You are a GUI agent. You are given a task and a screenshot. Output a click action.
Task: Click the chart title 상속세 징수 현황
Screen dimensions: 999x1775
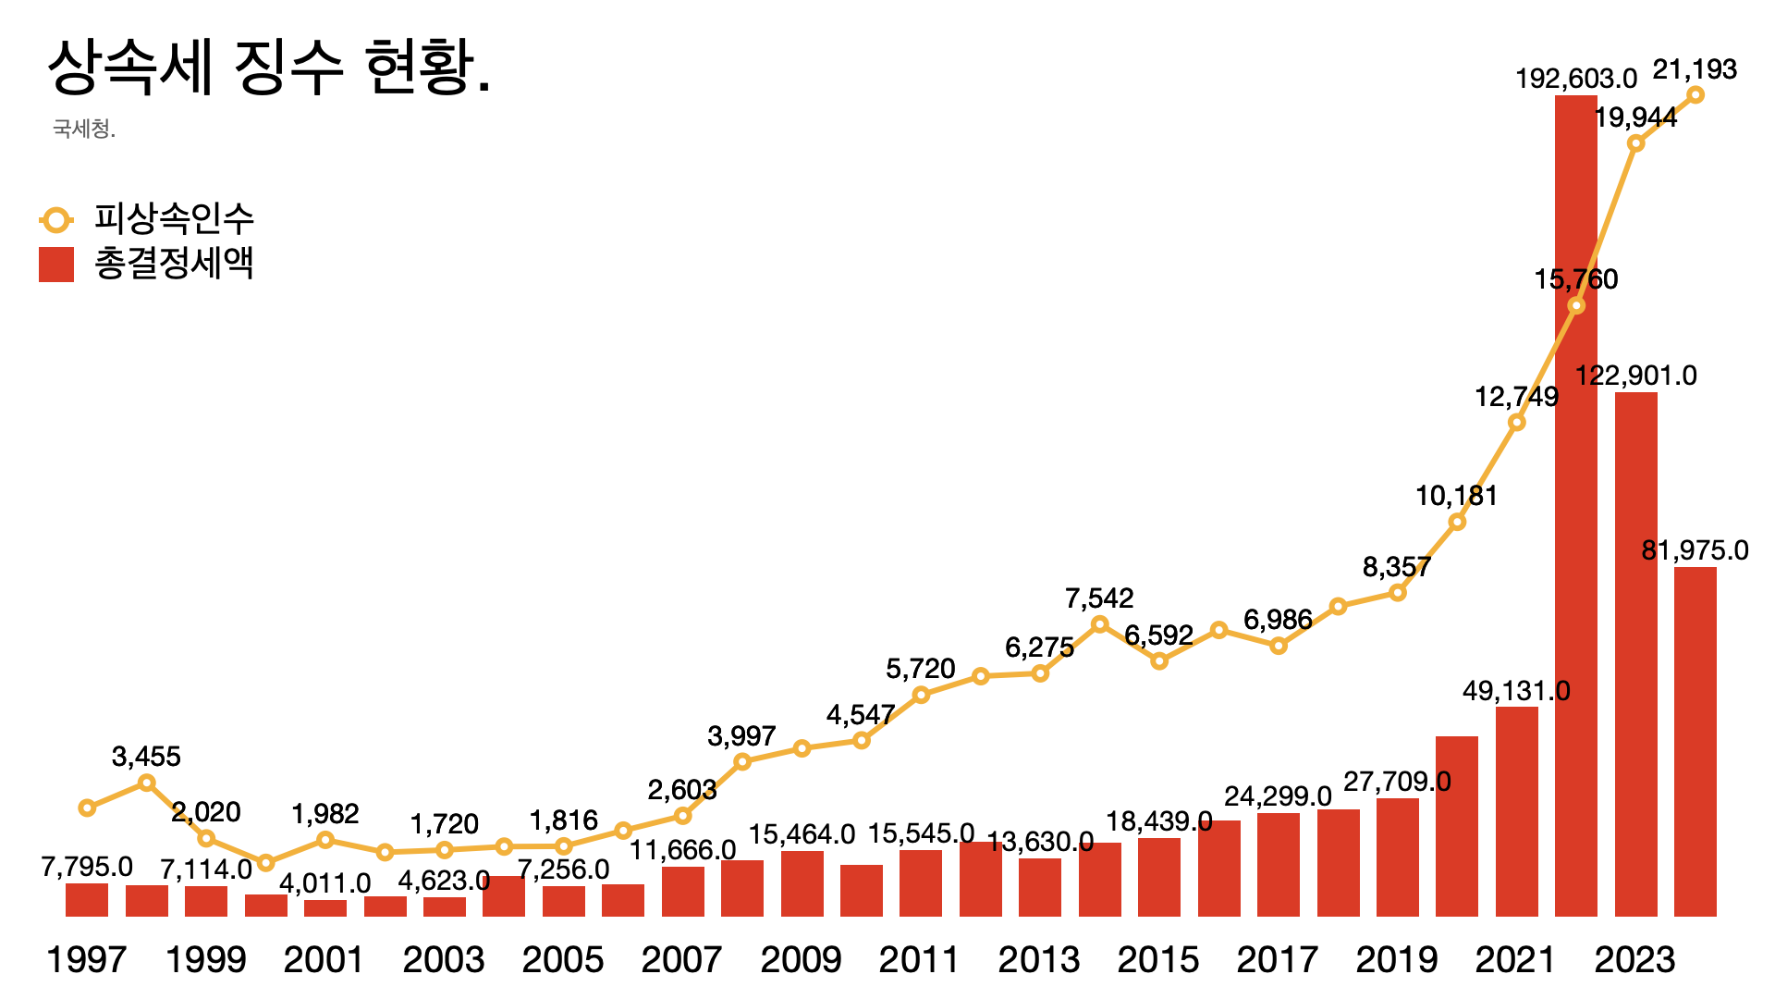268,68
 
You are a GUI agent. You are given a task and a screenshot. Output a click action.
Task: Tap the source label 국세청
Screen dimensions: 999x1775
84,129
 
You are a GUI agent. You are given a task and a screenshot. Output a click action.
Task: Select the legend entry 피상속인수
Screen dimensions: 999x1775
173,219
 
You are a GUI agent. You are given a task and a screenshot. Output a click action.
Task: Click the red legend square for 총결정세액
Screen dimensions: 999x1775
56,265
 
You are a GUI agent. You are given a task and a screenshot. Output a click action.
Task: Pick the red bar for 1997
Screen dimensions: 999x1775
87,899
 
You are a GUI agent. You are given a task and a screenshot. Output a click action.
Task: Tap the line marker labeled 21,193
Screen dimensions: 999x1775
1695,94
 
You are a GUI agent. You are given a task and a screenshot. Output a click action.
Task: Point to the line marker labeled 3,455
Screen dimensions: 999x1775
146,783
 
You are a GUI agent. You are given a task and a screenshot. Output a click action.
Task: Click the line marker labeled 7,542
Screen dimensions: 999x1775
1099,624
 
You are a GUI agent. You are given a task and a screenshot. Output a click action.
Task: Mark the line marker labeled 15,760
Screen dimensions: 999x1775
1576,305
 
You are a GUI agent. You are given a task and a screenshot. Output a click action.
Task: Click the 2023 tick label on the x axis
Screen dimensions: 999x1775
1634,960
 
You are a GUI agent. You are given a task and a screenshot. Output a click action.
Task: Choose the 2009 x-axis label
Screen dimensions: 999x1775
801,960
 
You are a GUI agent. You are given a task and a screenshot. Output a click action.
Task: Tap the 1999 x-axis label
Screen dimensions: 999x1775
205,960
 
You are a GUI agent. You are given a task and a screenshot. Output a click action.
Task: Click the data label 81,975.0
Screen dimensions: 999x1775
1695,550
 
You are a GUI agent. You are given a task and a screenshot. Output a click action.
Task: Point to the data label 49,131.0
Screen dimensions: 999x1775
1516,691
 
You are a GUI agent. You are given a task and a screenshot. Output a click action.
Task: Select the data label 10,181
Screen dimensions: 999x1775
1456,496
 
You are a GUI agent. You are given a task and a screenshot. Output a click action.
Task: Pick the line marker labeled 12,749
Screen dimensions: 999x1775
1516,423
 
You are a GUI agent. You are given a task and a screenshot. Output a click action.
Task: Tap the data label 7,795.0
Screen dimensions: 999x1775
87,867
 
